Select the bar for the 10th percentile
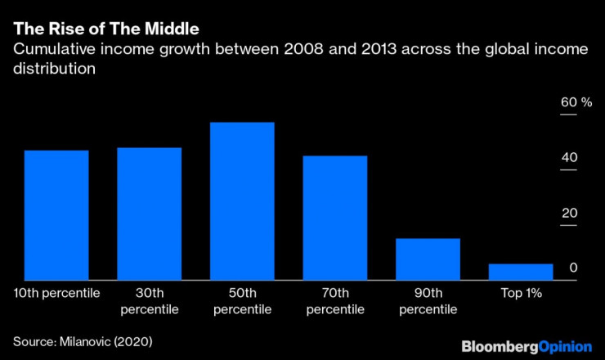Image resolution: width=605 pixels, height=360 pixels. click(56, 215)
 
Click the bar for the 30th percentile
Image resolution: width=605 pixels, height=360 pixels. click(149, 214)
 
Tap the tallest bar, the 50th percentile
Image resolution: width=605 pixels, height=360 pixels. click(242, 201)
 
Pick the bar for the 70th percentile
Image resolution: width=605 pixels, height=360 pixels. click(335, 218)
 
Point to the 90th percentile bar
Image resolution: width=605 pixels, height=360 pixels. click(428, 259)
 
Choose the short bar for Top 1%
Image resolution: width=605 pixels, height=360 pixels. click(521, 272)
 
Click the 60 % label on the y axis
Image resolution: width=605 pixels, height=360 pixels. click(576, 102)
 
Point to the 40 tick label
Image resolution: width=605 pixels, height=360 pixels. click(569, 158)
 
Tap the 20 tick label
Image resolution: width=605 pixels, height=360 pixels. click(569, 214)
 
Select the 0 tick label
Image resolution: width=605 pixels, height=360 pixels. click(574, 268)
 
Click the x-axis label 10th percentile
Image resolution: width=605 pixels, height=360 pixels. click(56, 292)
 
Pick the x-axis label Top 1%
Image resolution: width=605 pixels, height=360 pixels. click(521, 292)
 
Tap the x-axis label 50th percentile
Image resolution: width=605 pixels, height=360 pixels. click(242, 300)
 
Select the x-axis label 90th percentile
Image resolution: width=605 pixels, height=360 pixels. click(428, 300)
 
